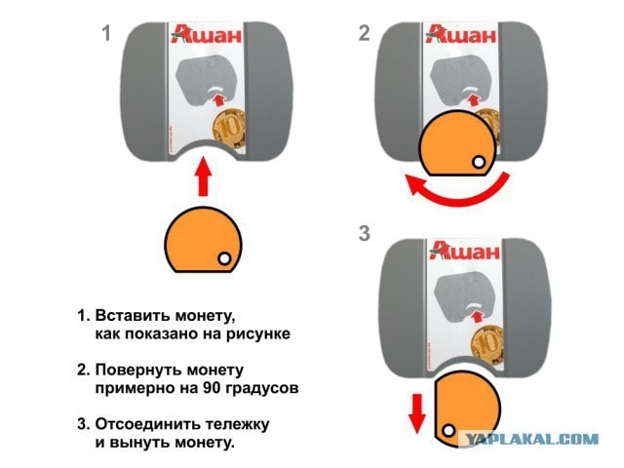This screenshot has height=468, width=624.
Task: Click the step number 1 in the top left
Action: click(x=108, y=34)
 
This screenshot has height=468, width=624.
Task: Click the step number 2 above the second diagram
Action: click(x=364, y=34)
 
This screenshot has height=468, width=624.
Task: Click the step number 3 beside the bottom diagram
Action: click(x=364, y=234)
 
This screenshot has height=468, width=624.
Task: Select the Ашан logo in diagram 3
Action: click(x=458, y=252)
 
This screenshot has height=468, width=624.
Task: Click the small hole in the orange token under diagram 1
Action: click(x=224, y=258)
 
